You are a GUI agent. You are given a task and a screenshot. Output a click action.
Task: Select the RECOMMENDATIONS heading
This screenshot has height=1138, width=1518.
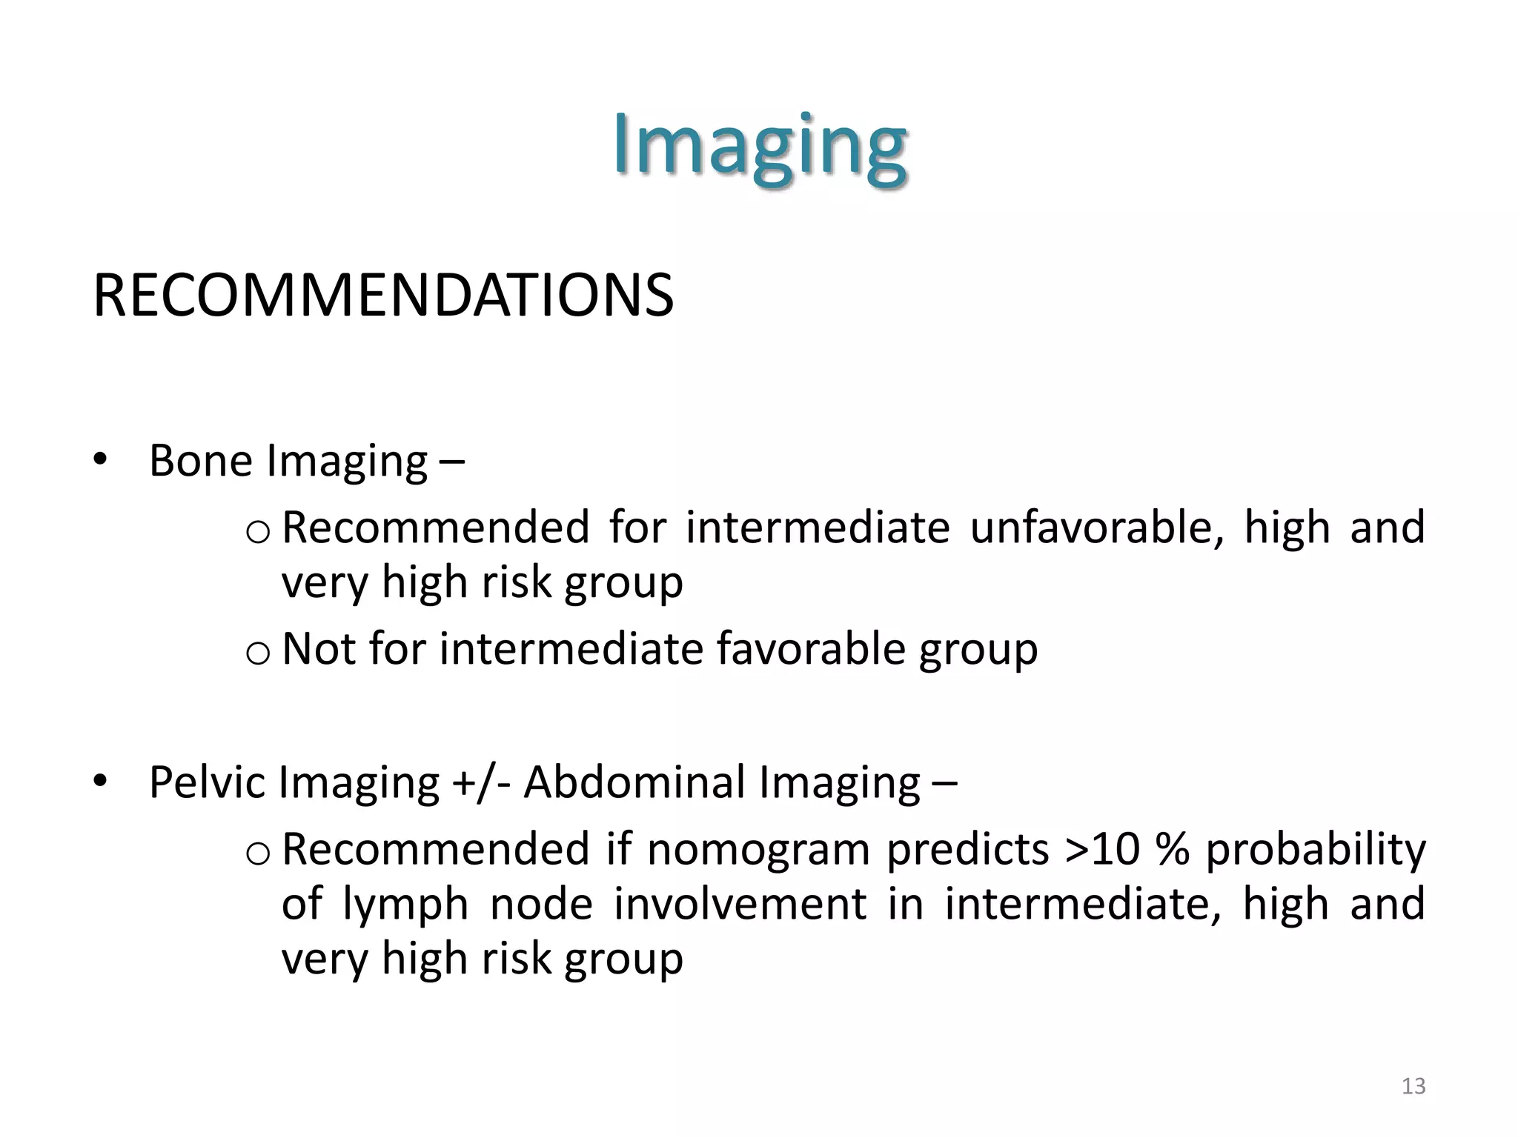coord(383,296)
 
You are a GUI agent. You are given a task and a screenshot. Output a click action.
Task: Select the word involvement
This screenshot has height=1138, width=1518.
coord(740,904)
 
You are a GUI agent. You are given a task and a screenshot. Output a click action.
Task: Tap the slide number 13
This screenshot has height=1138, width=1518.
coord(1413,1086)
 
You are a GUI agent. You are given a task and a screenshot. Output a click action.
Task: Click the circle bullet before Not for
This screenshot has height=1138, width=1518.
coord(256,653)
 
